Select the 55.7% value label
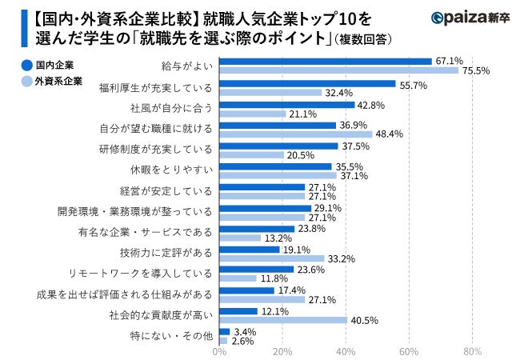point(414,83)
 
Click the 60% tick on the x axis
point(409,350)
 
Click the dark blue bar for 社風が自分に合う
point(287,104)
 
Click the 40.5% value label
point(365,320)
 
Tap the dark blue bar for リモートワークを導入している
point(257,270)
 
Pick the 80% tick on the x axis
point(472,350)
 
